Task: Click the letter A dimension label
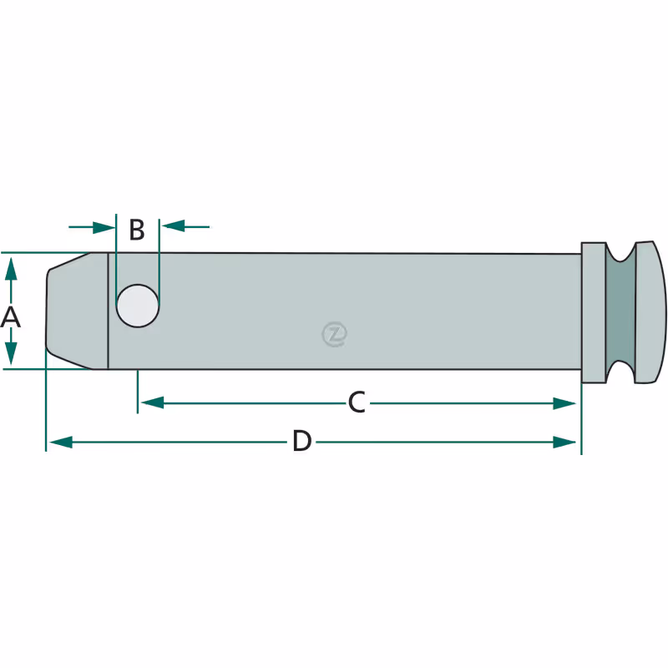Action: [x=10, y=317]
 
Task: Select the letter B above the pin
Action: [x=137, y=230]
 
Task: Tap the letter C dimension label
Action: [x=357, y=402]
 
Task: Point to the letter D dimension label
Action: [x=302, y=441]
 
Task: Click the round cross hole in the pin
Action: [x=138, y=306]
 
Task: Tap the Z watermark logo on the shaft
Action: [x=335, y=334]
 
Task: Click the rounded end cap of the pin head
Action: [x=650, y=312]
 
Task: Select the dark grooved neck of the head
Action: [x=620, y=312]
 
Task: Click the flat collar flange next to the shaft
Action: [x=594, y=312]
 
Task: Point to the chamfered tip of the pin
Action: [x=77, y=311]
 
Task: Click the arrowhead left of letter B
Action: [x=104, y=227]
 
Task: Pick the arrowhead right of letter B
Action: [x=173, y=226]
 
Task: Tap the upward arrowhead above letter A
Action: [x=11, y=268]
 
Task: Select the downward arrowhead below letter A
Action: [x=11, y=353]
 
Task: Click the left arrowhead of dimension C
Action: [x=152, y=402]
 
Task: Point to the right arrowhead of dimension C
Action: [x=564, y=403]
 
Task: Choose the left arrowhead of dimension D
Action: [x=61, y=442]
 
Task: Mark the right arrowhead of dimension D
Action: [x=564, y=443]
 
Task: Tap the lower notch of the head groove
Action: [x=620, y=372]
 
